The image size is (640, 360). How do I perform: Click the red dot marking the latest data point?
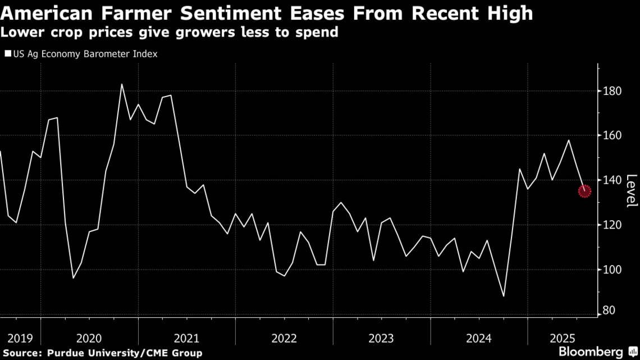[x=584, y=191]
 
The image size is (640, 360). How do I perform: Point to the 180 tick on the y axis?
[x=613, y=91]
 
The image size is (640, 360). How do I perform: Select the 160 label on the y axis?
[x=613, y=135]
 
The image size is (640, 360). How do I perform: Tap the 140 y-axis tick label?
[x=613, y=180]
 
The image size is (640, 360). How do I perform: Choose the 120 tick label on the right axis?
[x=613, y=225]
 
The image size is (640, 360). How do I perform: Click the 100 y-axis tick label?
[x=613, y=270]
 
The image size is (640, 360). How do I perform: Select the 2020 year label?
[x=89, y=339]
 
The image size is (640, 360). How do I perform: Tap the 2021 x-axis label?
[x=186, y=339]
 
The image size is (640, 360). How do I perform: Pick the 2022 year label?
[x=284, y=339]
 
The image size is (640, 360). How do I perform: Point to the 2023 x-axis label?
[x=381, y=339]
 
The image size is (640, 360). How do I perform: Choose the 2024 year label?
[x=479, y=339]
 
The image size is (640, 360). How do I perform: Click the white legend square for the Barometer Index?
[x=8, y=54]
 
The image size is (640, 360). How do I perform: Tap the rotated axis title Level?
[x=632, y=191]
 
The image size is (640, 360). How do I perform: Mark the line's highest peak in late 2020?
[x=122, y=84]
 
